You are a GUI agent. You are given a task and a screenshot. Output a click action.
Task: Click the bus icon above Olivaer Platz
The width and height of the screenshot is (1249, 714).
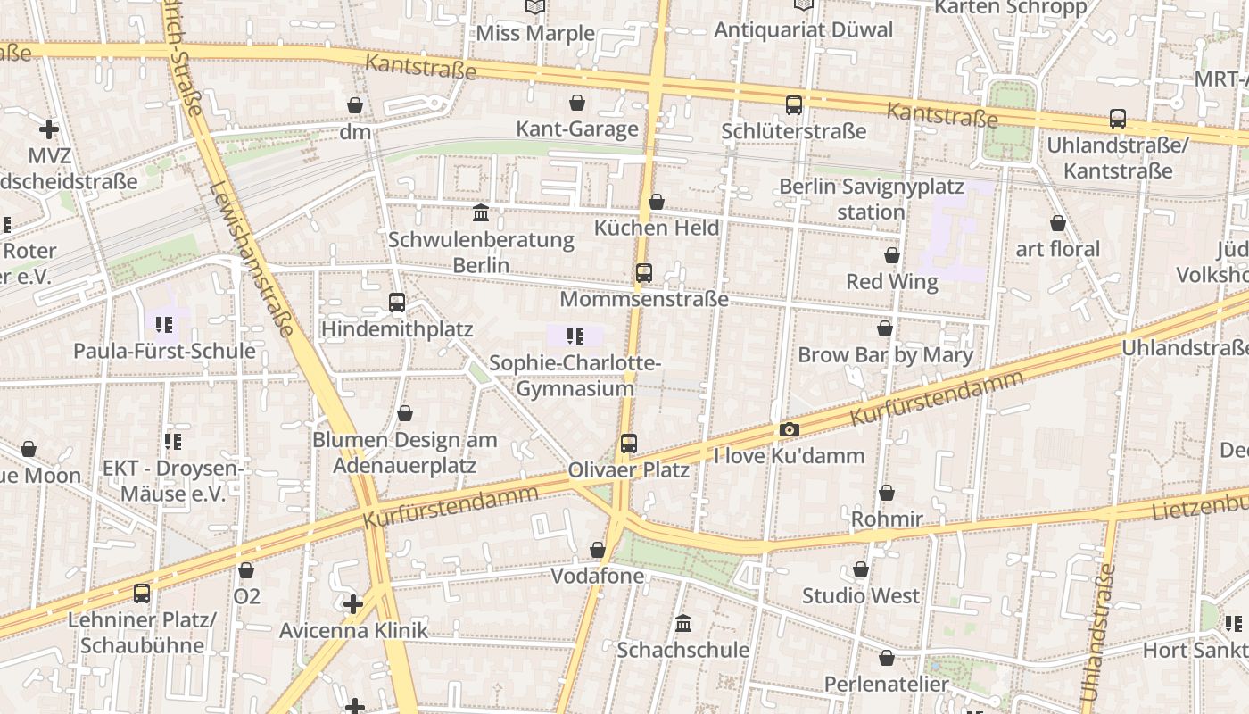(629, 443)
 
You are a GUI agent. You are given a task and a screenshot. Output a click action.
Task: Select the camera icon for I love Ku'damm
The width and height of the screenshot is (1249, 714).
(789, 430)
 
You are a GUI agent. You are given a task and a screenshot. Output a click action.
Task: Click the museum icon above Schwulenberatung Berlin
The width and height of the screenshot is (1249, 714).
(481, 212)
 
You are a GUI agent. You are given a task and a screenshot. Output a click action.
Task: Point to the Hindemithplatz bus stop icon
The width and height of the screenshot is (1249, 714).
(397, 303)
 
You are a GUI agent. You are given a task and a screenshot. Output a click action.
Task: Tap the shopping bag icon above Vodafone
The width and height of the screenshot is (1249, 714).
(597, 550)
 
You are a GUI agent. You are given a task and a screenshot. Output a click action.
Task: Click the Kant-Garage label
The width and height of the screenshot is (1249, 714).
(577, 129)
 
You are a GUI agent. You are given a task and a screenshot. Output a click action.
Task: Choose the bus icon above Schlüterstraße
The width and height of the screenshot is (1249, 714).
(794, 105)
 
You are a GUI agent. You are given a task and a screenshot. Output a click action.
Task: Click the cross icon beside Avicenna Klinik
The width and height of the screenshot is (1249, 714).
(353, 604)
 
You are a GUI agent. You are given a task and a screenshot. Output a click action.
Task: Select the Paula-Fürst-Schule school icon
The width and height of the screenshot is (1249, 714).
(163, 324)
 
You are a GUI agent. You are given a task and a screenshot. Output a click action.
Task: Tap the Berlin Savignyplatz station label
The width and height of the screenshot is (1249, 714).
(872, 199)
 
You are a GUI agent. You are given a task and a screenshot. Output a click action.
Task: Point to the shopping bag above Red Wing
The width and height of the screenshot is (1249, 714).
(891, 255)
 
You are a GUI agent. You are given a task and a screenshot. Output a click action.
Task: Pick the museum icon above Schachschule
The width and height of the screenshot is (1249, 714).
(683, 623)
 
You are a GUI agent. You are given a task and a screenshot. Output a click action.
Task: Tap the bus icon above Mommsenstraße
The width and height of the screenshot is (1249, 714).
(643, 273)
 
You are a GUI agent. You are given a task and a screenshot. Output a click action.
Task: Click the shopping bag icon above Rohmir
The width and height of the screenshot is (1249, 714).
(886, 493)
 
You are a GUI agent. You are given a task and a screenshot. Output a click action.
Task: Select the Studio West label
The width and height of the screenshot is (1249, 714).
(861, 595)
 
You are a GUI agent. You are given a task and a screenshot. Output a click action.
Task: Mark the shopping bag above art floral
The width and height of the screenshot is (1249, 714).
(1057, 222)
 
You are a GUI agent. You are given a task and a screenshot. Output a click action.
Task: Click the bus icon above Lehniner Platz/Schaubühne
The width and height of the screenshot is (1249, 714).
(141, 593)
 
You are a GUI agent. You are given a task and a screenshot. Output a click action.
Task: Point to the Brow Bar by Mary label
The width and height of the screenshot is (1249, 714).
(885, 354)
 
